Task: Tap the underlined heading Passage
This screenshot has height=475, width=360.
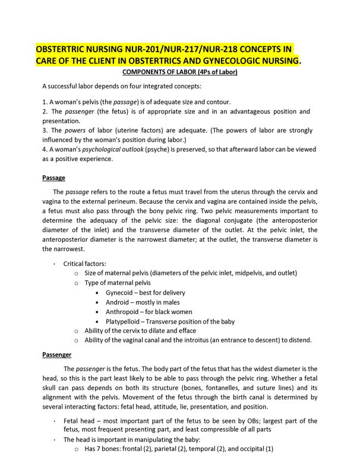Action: click(53, 178)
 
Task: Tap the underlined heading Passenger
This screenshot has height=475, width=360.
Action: click(57, 354)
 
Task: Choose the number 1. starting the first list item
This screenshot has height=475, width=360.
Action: click(45, 102)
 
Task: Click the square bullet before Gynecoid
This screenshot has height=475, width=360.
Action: click(97, 293)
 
